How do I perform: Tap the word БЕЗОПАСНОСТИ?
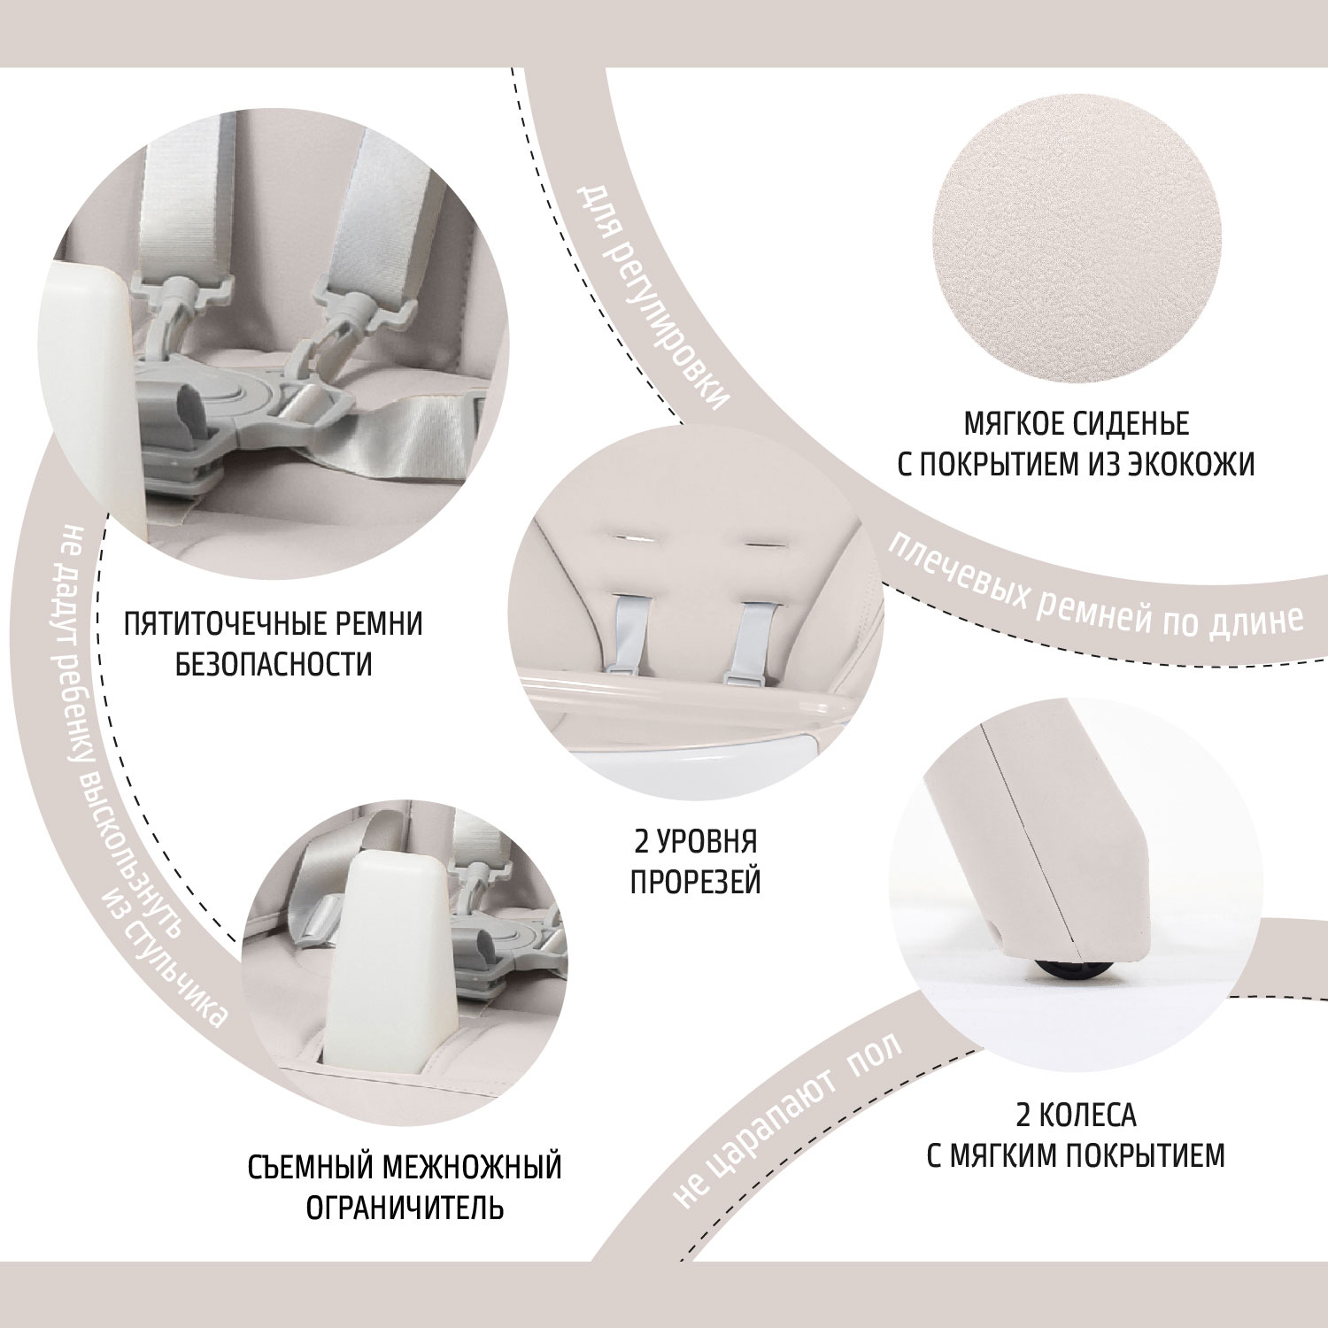point(274,664)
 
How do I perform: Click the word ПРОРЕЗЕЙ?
point(696,882)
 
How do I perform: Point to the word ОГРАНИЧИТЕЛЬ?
point(405,1208)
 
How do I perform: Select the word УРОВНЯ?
point(708,841)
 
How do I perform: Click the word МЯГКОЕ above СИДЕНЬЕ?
point(1019,424)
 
